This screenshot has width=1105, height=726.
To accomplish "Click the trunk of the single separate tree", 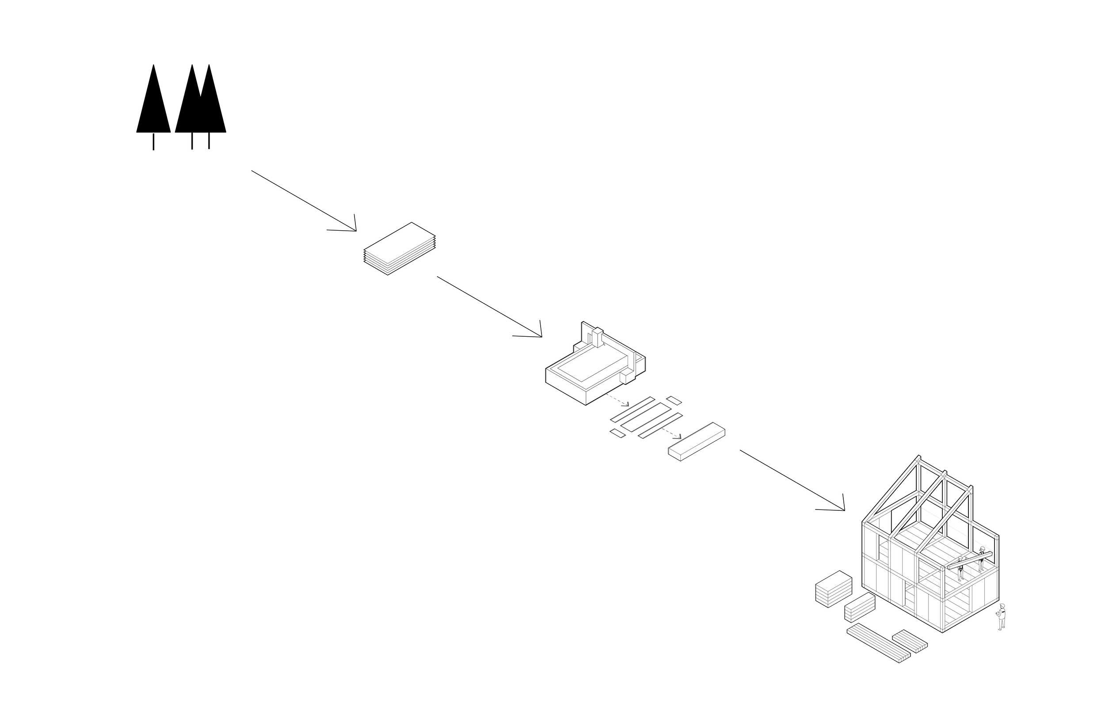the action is tap(153, 141).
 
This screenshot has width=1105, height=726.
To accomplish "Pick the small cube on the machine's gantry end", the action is tap(627, 376).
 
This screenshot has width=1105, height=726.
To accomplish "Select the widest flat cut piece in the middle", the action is tap(645, 417).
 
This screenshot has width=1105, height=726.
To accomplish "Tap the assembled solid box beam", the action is tap(697, 441).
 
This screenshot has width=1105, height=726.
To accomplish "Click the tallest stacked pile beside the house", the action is tap(834, 588).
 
